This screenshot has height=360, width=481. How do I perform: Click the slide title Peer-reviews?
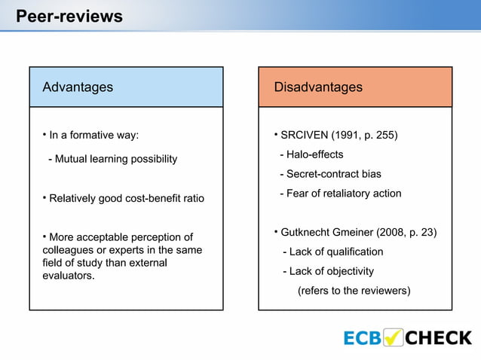coord(69,16)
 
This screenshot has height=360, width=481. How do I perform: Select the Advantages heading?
coord(78,87)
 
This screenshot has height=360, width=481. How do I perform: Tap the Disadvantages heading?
coord(317,87)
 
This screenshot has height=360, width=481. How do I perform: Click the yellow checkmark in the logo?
coord(394,337)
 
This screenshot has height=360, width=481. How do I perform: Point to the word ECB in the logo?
coord(363,338)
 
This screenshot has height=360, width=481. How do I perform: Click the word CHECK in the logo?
coord(438,338)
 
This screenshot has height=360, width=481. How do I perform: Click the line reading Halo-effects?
coord(311,154)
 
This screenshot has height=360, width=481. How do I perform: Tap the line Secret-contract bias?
coord(329,174)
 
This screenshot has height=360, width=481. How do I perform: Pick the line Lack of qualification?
coord(332,252)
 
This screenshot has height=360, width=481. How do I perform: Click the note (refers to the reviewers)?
coord(354,291)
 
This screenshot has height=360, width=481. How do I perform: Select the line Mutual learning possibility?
coord(112,159)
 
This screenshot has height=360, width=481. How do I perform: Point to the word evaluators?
coord(69,276)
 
